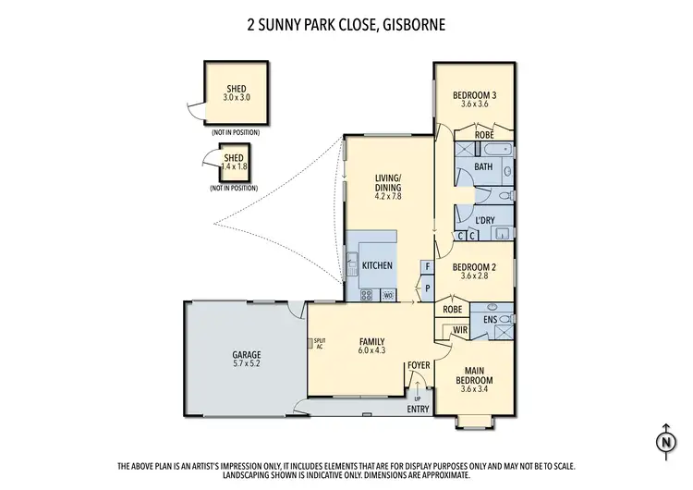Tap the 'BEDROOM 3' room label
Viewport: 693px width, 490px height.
pyautogui.click(x=475, y=94)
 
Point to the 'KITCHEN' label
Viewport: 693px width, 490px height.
pyautogui.click(x=377, y=265)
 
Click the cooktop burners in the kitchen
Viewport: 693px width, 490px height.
pyautogui.click(x=365, y=295)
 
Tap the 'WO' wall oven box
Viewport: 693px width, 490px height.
pyautogui.click(x=388, y=295)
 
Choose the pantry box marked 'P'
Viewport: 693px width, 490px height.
pyautogui.click(x=427, y=288)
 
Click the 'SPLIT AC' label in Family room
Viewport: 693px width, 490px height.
pyautogui.click(x=321, y=342)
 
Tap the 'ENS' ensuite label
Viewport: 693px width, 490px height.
pyautogui.click(x=490, y=320)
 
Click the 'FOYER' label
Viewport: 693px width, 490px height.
pyautogui.click(x=420, y=366)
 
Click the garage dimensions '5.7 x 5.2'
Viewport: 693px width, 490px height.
pyautogui.click(x=247, y=364)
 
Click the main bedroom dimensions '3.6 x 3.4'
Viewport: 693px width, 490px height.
pyautogui.click(x=479, y=388)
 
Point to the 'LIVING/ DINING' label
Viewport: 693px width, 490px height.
pyautogui.click(x=388, y=183)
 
